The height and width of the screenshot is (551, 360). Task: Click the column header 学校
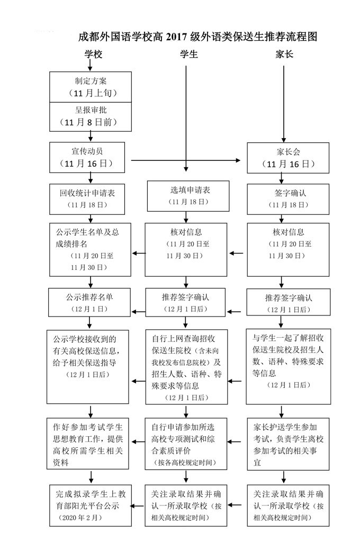(91, 54)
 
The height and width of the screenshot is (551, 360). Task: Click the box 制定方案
(91, 86)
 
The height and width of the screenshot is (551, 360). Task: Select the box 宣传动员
(91, 157)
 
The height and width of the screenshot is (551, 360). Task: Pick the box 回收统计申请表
(91, 198)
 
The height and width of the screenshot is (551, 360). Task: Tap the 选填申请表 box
(186, 195)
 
